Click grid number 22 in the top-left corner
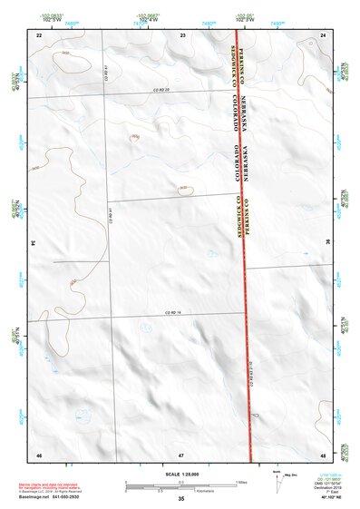(x=39, y=34)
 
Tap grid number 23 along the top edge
(x=182, y=34)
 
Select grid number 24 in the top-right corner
(x=324, y=34)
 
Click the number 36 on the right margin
(x=328, y=243)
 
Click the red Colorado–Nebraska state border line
(x=241, y=272)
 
